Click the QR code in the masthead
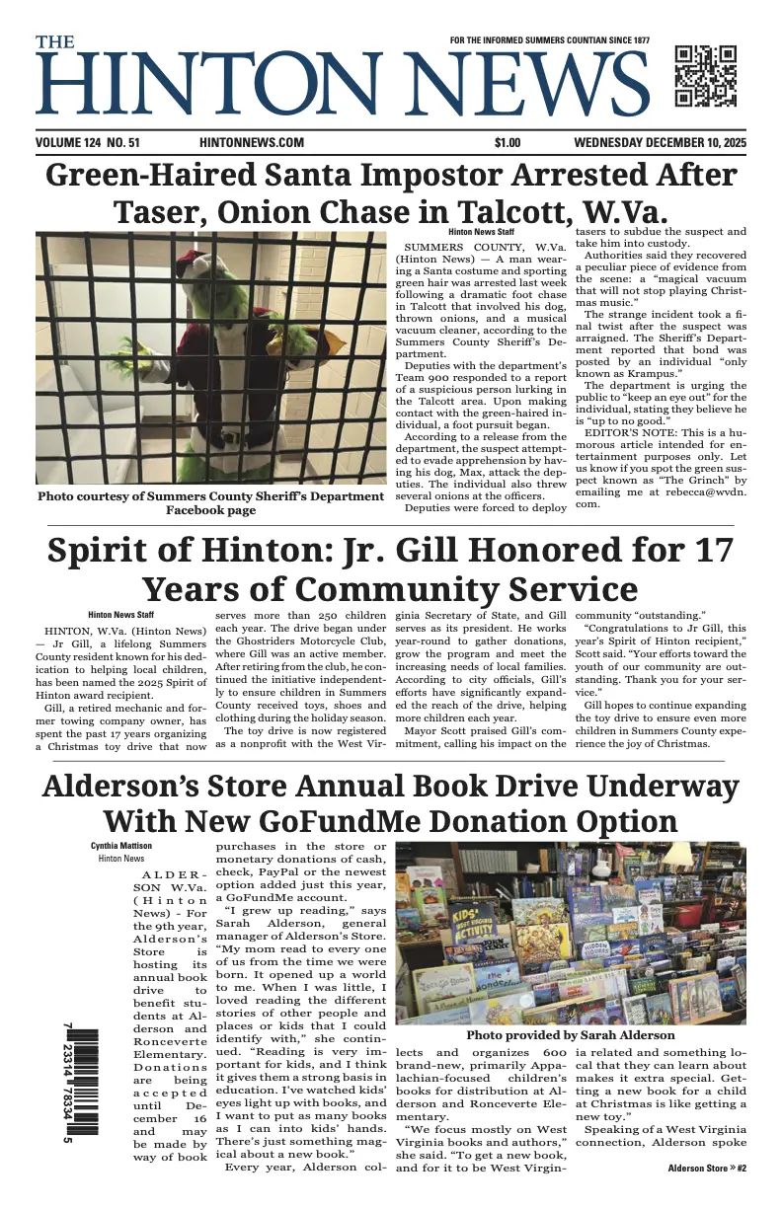point(705,76)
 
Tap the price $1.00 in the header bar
point(508,143)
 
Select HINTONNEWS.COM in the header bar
point(251,143)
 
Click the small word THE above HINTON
point(55,42)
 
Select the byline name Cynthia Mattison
point(121,846)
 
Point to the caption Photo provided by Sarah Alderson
point(570,1035)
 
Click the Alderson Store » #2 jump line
point(707,1169)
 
